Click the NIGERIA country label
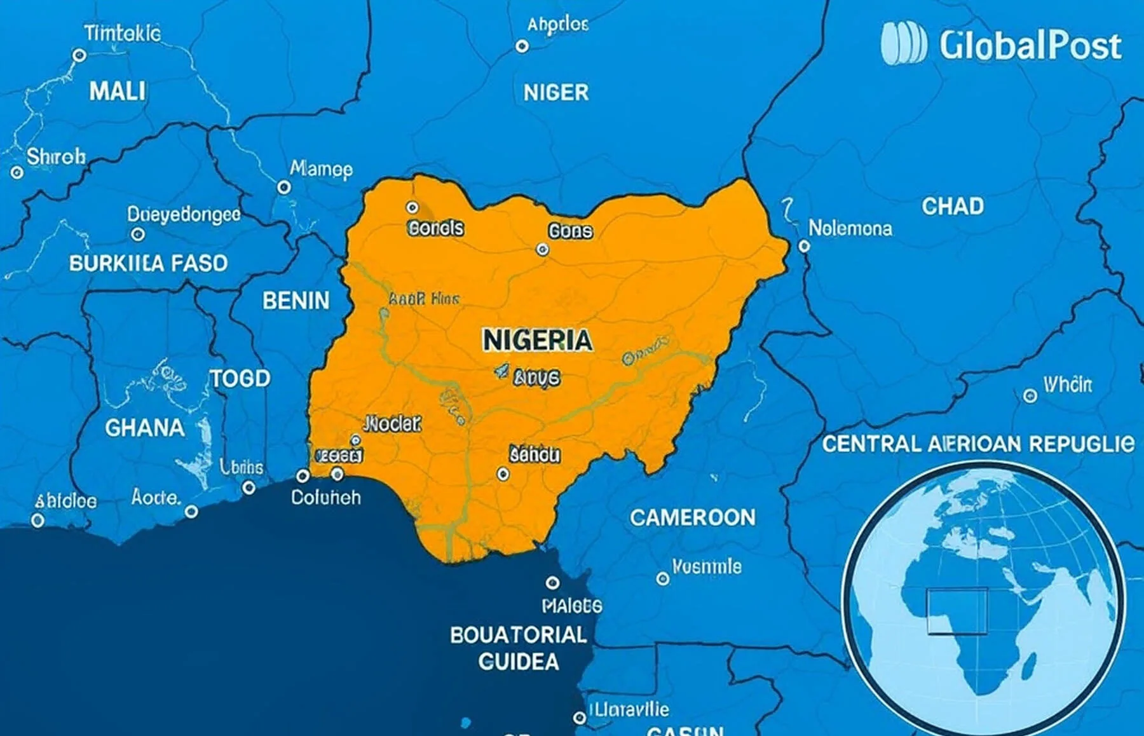click(x=537, y=340)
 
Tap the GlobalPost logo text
click(x=1030, y=46)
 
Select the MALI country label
click(x=118, y=92)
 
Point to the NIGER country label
click(x=556, y=93)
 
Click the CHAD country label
click(x=953, y=206)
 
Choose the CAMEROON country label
click(x=693, y=517)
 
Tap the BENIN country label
click(x=296, y=301)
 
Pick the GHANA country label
click(x=145, y=428)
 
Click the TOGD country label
click(x=240, y=379)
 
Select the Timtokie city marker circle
click(x=79, y=55)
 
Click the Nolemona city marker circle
click(x=804, y=246)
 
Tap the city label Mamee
click(x=321, y=169)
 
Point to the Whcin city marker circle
click(x=1030, y=396)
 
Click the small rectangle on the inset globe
click(x=957, y=611)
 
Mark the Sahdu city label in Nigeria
click(x=535, y=454)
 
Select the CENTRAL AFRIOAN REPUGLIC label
click(x=977, y=444)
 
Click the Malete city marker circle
click(x=552, y=582)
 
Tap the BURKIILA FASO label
click(x=148, y=263)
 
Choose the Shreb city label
click(x=56, y=156)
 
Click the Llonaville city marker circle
click(x=579, y=718)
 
